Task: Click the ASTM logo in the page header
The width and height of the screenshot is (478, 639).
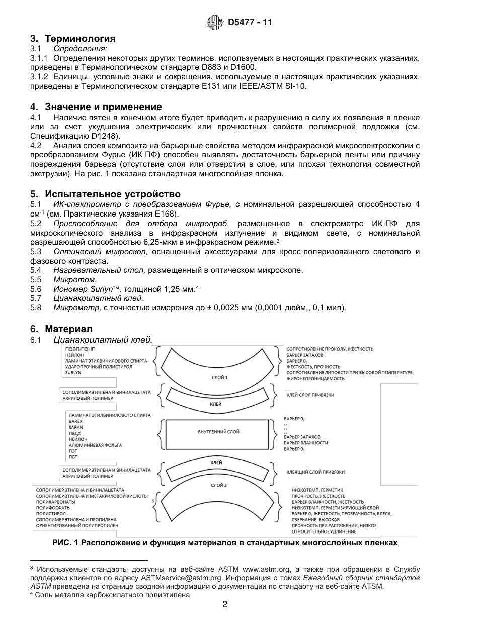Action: click(x=215, y=23)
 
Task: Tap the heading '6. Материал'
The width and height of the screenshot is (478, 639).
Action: click(x=61, y=329)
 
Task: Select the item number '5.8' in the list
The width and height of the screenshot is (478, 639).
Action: click(x=36, y=307)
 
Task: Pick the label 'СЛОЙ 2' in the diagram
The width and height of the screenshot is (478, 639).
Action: click(x=219, y=485)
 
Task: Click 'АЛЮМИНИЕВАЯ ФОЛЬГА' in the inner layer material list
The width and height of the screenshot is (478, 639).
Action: click(x=88, y=445)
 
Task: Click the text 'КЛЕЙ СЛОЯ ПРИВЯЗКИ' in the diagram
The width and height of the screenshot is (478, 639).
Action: click(x=310, y=395)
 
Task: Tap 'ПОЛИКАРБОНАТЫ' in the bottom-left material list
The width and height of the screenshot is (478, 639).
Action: click(x=55, y=502)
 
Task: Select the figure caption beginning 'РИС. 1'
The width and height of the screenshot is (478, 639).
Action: click(x=225, y=543)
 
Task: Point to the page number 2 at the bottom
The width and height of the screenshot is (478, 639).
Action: click(x=224, y=605)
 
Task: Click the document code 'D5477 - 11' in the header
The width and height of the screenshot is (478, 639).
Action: click(x=250, y=23)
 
